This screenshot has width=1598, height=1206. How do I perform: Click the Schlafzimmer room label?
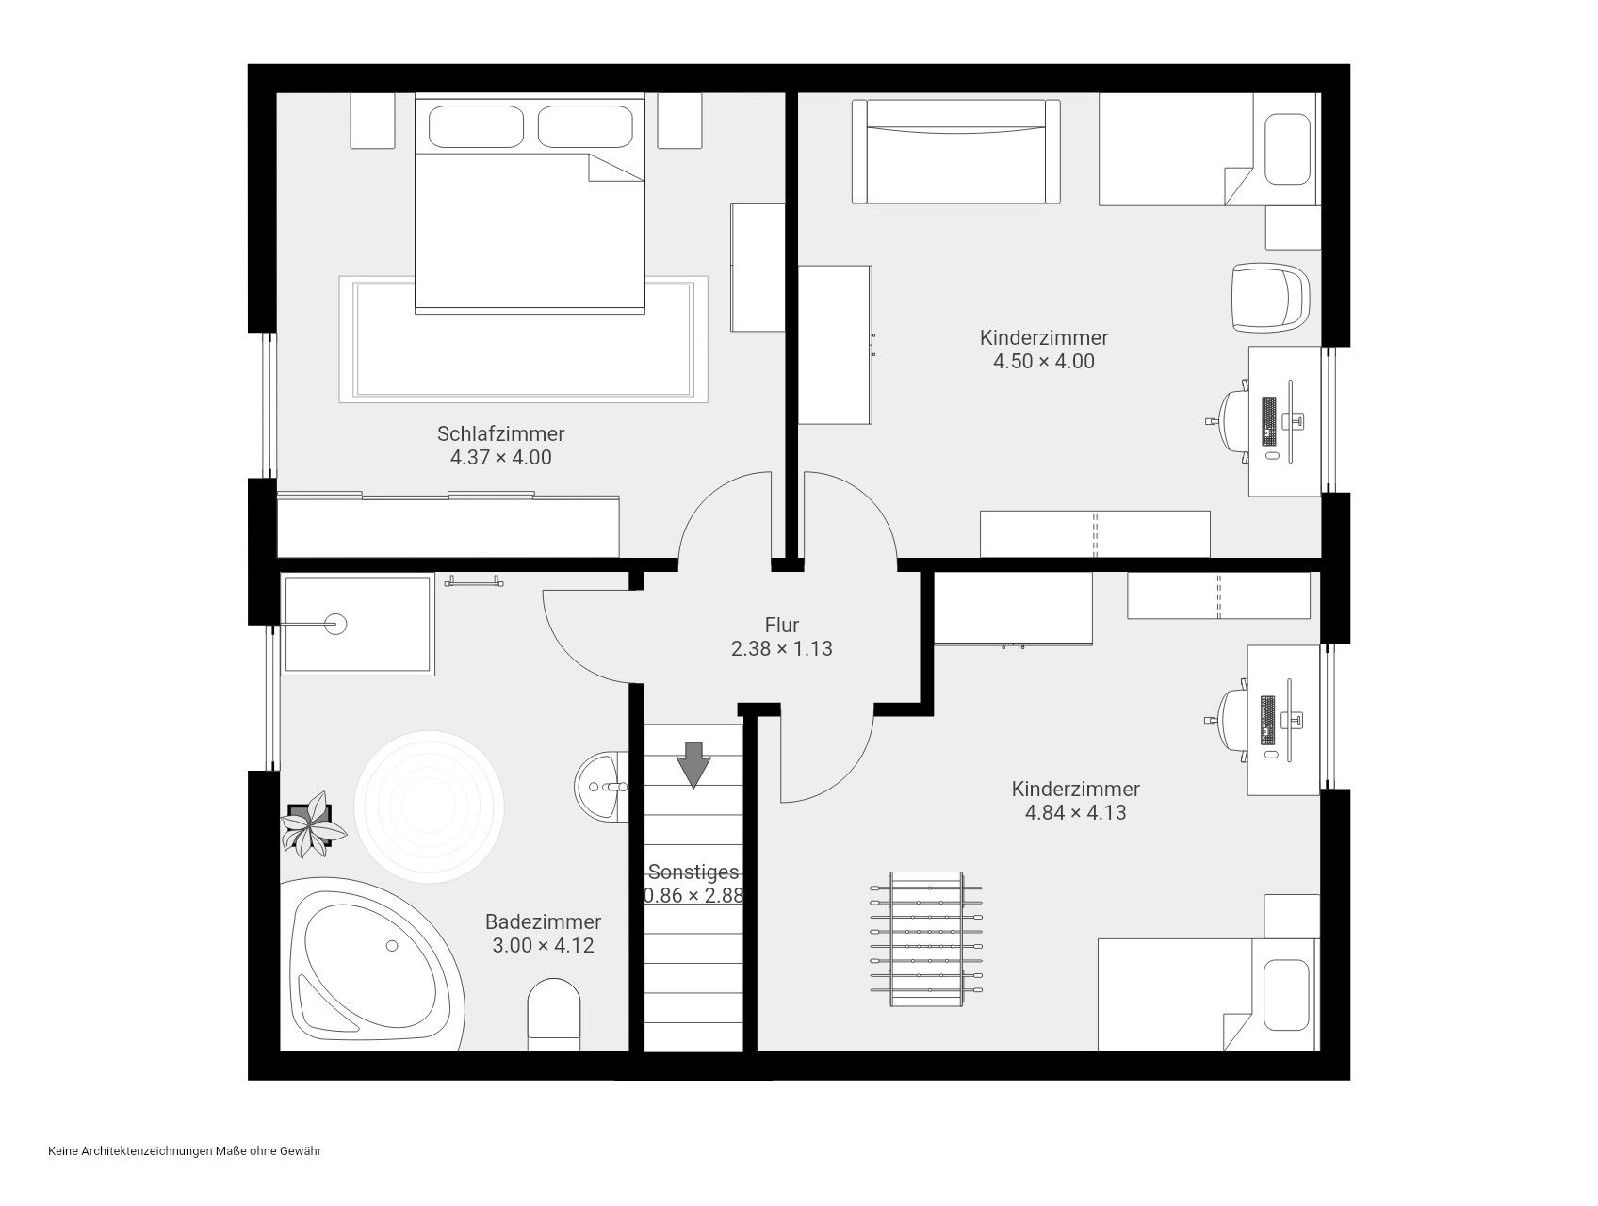pos(500,433)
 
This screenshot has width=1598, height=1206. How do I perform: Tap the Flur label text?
pos(782,625)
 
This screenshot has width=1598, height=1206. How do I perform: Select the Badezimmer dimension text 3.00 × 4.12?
pos(544,945)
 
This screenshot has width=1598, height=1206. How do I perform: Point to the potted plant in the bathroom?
pos(314,824)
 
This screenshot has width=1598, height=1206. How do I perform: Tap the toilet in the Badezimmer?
pos(554,1016)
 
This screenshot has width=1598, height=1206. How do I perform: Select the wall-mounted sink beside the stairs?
pos(601,786)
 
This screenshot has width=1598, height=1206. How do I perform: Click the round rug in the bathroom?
pos(430,807)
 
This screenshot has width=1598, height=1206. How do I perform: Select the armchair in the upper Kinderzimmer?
pos(1271,298)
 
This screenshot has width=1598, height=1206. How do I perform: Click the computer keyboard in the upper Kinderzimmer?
pos(1268,421)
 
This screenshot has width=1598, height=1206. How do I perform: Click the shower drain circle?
pos(336,623)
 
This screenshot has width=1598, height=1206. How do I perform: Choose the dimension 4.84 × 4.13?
pos(1075,812)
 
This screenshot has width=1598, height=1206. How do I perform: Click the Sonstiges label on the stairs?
pos(693,872)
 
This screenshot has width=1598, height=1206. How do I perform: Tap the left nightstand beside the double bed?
pos(372,121)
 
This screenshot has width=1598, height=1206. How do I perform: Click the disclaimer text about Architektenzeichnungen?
pos(185,1151)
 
